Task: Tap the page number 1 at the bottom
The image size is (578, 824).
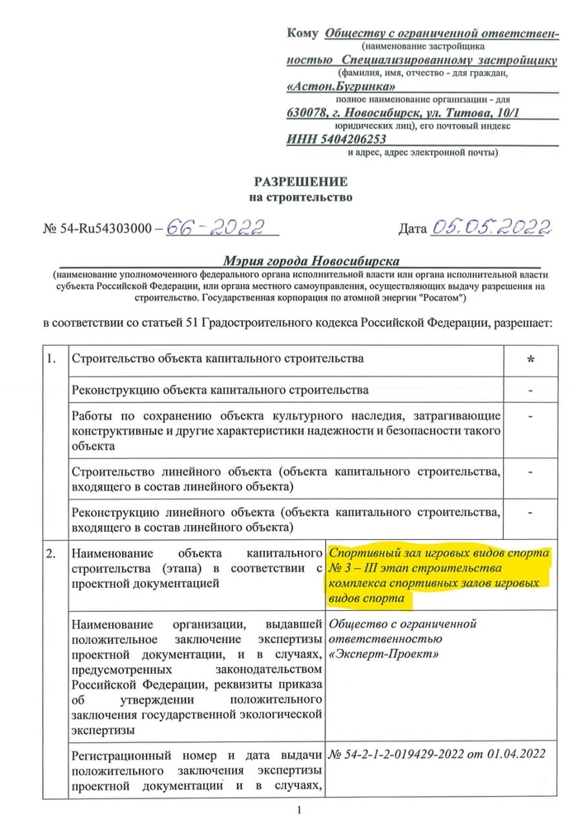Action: tap(300, 811)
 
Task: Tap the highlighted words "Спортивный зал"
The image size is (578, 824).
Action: tap(371, 553)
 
